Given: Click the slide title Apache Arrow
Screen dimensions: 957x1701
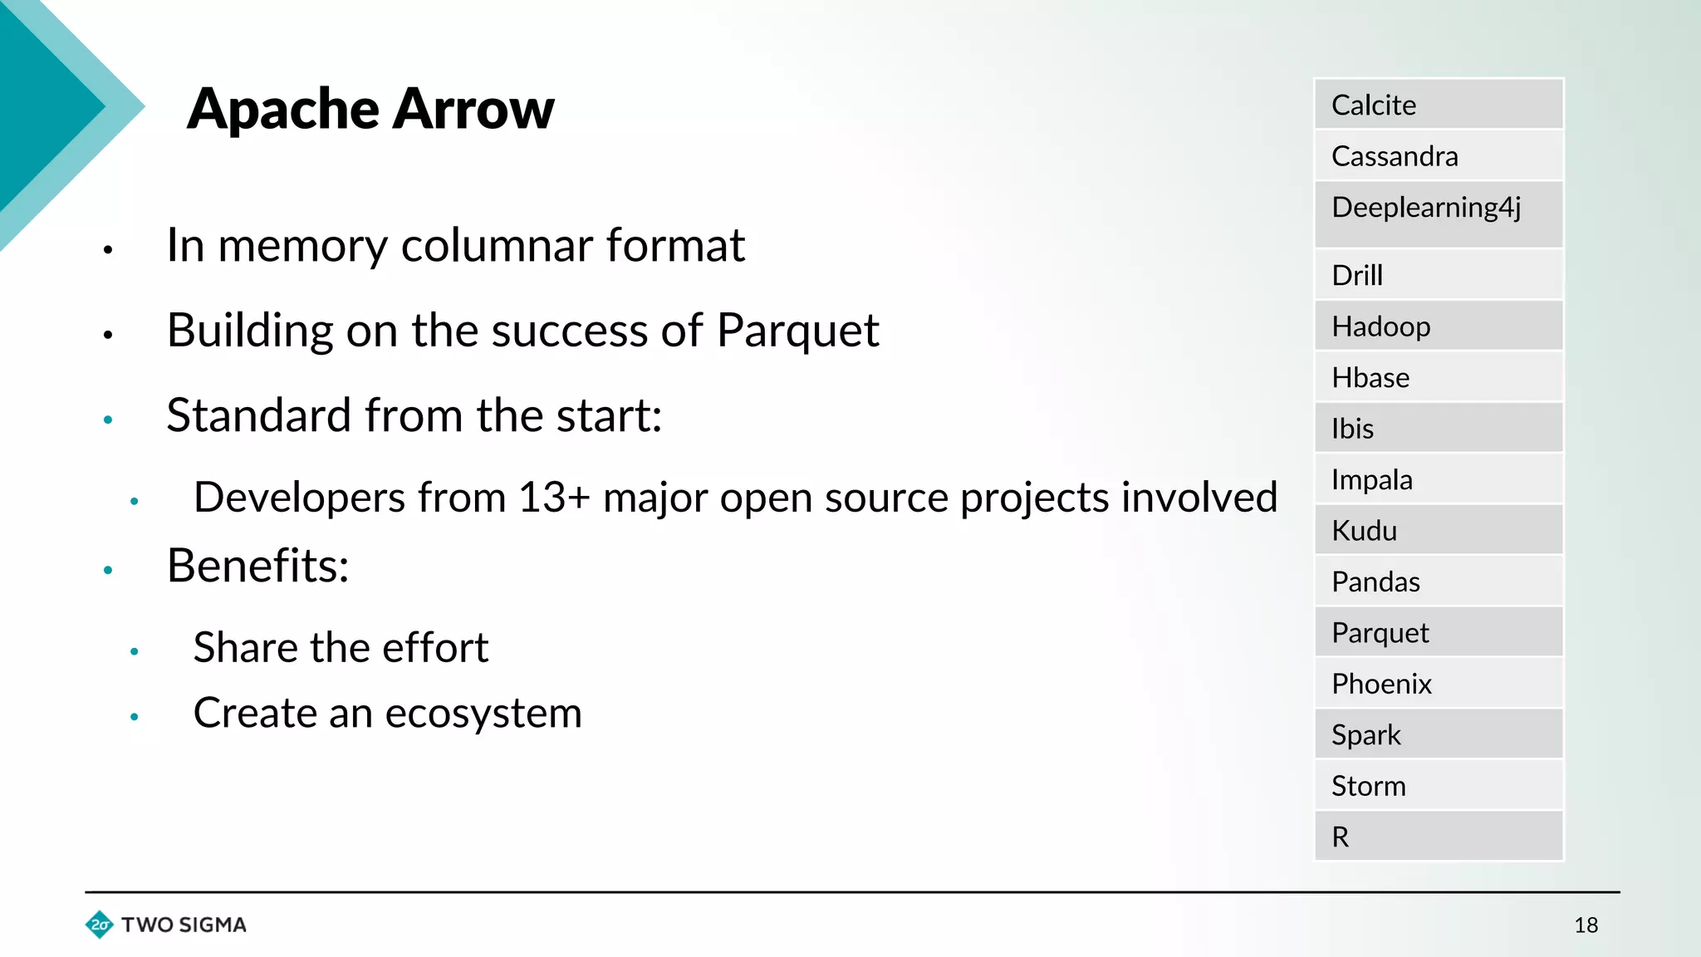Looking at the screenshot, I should (370, 109).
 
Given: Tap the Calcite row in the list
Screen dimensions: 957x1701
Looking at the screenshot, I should (1439, 105).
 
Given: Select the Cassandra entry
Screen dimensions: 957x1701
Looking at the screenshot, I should (1439, 156).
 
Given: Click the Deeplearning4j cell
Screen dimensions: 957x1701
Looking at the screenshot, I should (1439, 213).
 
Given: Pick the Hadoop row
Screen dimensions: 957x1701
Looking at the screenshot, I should (1439, 326).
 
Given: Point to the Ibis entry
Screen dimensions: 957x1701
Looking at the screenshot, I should (1439, 429).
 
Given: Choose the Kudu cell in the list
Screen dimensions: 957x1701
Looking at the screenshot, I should (1439, 530).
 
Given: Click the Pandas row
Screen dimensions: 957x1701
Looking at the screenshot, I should (1439, 582).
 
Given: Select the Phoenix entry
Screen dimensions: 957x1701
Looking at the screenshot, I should (1439, 684).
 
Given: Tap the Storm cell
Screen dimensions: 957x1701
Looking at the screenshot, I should (1439, 786).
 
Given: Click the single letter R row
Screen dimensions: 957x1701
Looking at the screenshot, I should (1439, 837).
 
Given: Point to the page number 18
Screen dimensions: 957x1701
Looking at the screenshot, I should (1586, 925).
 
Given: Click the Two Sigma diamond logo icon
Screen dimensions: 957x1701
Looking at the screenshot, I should (100, 925).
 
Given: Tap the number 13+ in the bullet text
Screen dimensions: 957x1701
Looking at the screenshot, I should (554, 498).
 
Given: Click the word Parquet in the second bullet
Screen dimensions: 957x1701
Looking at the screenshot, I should (797, 331).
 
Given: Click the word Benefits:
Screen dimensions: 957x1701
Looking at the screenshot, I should (257, 566).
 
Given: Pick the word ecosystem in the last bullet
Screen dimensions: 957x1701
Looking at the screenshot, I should (483, 714).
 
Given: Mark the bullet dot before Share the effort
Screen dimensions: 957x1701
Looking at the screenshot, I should (134, 652).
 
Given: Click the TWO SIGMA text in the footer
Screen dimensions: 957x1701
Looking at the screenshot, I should (184, 925).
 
